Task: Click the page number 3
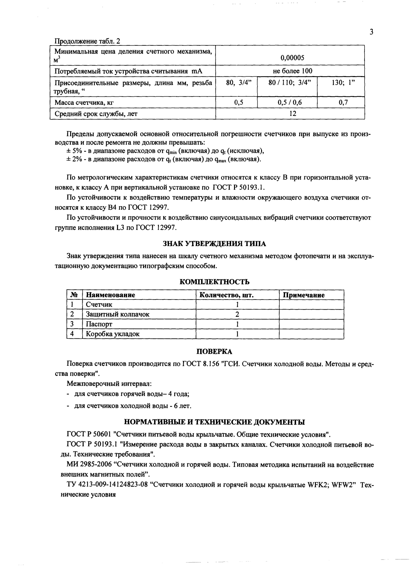(x=371, y=32)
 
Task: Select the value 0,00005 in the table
(x=292, y=58)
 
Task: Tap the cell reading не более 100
(x=292, y=71)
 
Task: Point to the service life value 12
(x=292, y=113)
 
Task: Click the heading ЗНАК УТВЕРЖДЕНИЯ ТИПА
(x=214, y=244)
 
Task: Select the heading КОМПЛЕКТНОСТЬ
(x=214, y=281)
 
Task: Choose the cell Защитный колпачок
(x=117, y=314)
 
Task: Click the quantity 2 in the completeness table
(x=237, y=314)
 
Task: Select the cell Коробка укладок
(x=112, y=334)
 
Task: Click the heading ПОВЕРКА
(x=214, y=352)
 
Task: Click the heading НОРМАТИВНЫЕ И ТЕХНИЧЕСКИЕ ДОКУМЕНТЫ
(x=214, y=422)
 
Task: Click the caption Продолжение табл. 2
(x=87, y=41)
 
